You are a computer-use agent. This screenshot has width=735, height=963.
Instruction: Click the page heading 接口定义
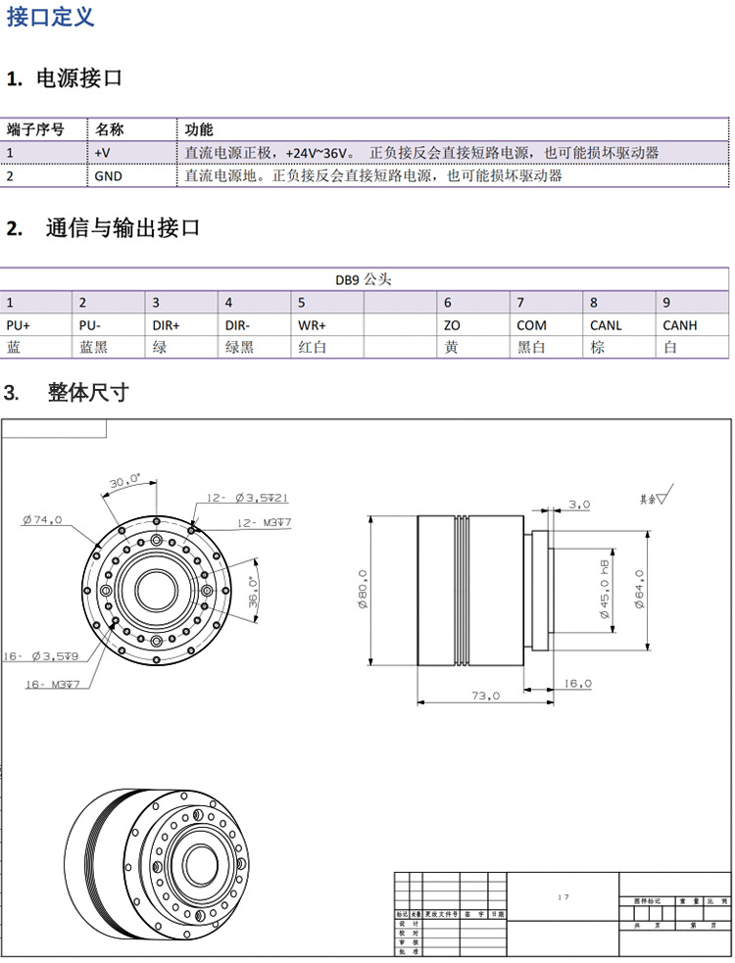(x=51, y=18)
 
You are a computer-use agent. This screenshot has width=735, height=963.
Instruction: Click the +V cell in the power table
(x=103, y=153)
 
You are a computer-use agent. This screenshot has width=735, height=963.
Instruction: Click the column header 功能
(x=199, y=129)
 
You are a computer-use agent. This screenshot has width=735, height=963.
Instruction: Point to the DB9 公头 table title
(x=364, y=279)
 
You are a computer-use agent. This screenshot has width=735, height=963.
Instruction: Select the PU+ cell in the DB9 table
(x=19, y=325)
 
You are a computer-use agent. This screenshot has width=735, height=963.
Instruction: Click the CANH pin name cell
(x=680, y=325)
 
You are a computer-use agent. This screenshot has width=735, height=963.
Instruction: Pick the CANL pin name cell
(x=606, y=325)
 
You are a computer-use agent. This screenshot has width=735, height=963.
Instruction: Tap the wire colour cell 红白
(x=313, y=348)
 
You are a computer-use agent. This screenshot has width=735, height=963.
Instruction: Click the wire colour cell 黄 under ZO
(x=451, y=348)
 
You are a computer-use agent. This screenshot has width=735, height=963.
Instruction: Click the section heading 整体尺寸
(x=88, y=394)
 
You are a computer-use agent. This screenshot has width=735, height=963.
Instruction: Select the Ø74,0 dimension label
(x=42, y=520)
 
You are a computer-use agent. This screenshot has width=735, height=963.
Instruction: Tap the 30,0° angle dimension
(x=124, y=482)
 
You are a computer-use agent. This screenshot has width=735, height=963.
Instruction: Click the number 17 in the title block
(x=563, y=896)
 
